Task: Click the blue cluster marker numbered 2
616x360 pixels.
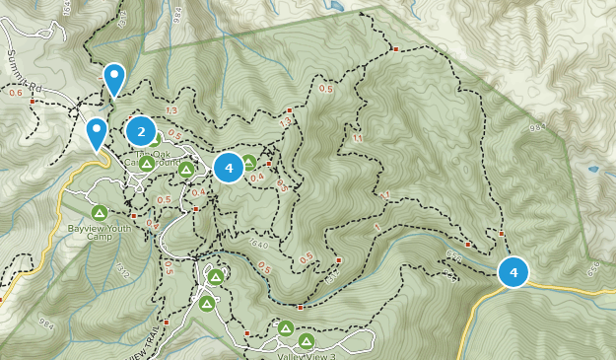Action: pos(141,131)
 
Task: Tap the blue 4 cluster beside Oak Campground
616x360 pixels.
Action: pos(229,168)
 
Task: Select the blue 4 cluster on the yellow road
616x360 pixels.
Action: pos(513,272)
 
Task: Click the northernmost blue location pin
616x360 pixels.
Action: pos(114,78)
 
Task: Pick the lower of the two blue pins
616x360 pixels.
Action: pos(97,132)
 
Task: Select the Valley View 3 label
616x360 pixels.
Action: pos(306,356)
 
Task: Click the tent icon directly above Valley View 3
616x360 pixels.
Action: pos(306,341)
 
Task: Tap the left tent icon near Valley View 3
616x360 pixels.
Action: pos(285,328)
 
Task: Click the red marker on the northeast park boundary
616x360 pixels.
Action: pos(395,48)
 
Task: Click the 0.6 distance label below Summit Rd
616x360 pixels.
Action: pos(15,94)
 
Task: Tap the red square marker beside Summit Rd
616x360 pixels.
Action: pos(33,101)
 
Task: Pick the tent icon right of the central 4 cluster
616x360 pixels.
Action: pos(249,163)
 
